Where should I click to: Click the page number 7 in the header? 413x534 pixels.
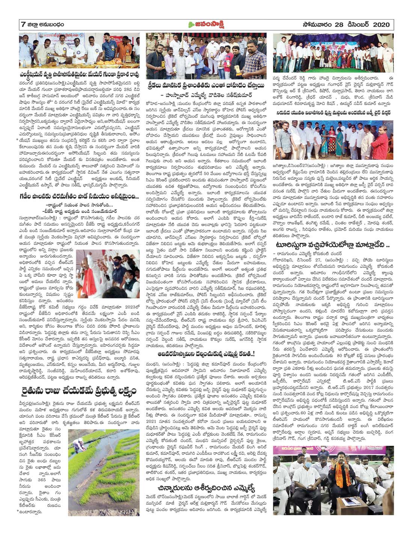pyautogui.click(x=23, y=25)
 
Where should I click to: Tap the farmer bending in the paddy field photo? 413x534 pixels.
pyautogui.click(x=78, y=434)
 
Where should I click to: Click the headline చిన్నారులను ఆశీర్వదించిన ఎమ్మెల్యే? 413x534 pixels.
pyautogui.click(x=206, y=488)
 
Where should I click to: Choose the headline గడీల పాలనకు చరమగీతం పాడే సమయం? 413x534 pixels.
pyautogui.click(x=79, y=195)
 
